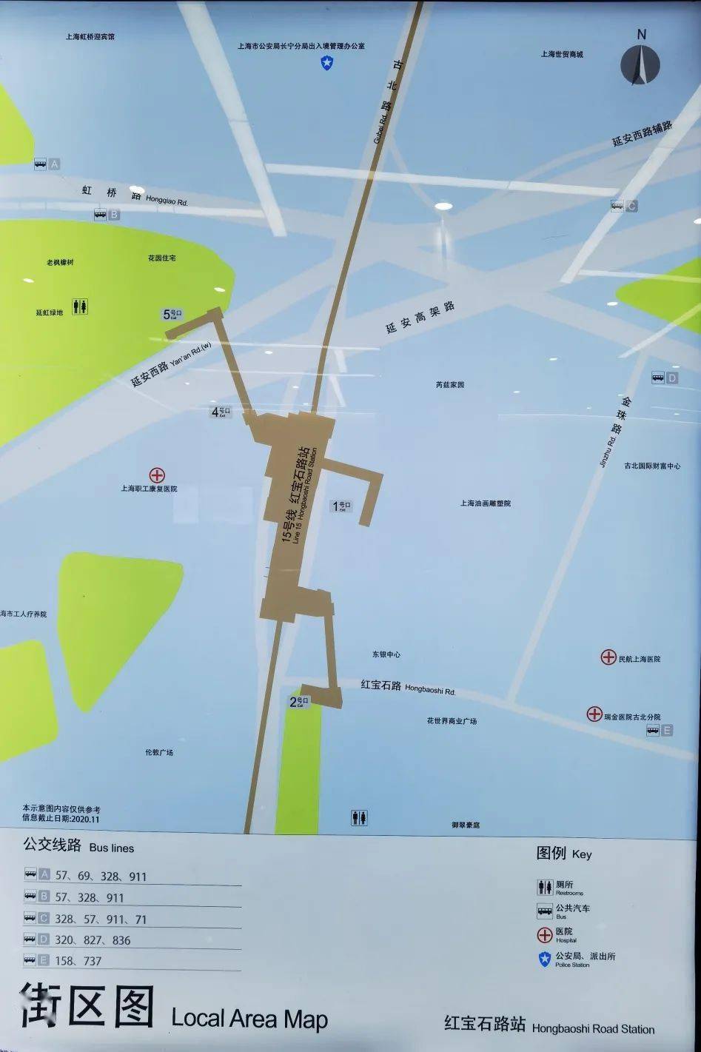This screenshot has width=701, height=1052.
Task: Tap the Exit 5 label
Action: point(172,315)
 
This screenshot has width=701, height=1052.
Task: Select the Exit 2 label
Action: point(298,702)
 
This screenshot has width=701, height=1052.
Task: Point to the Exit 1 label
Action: point(341,506)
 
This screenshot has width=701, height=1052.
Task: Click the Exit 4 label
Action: point(221,412)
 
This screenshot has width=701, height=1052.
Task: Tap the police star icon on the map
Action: point(326,63)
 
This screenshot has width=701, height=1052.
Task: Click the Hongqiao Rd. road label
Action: point(134,195)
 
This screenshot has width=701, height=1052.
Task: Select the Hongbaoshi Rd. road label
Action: point(407,687)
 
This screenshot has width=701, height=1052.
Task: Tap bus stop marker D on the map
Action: point(664,378)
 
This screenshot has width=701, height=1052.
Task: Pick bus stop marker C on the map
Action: point(623,207)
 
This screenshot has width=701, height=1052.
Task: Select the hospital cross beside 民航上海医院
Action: point(608,657)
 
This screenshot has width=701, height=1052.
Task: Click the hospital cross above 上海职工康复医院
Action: point(157,475)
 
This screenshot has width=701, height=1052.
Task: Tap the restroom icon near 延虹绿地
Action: point(80,306)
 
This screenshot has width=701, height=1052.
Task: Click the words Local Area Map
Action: point(249,1019)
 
